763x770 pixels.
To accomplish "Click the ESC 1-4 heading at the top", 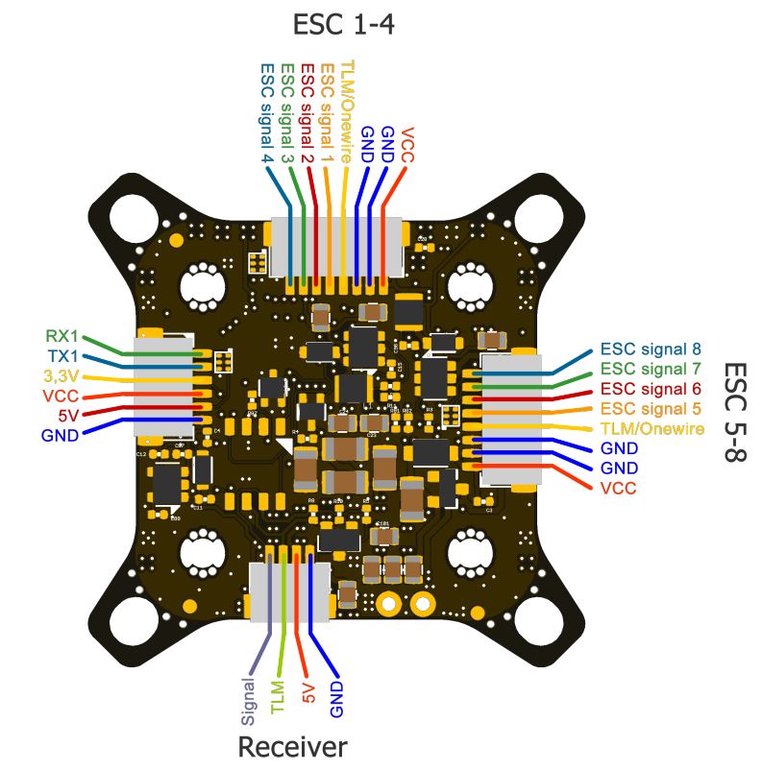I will point(343,25).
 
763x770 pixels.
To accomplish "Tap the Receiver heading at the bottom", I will point(292,747).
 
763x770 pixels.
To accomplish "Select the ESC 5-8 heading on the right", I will point(734,413).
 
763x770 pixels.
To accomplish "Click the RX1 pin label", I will point(62,337).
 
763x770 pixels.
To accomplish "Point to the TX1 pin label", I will point(62,356).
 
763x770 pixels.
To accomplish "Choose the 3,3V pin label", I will point(60,375).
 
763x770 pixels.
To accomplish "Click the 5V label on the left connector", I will point(67,415).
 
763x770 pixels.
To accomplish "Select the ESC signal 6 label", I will point(652,389).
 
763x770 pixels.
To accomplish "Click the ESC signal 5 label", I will point(652,408).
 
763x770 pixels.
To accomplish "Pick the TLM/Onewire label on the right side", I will point(652,428).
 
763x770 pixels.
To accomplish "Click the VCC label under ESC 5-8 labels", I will point(618,488).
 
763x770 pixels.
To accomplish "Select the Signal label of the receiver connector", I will point(249,700).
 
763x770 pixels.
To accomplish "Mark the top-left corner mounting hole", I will point(128,218).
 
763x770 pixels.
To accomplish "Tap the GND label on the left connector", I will point(61,435).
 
